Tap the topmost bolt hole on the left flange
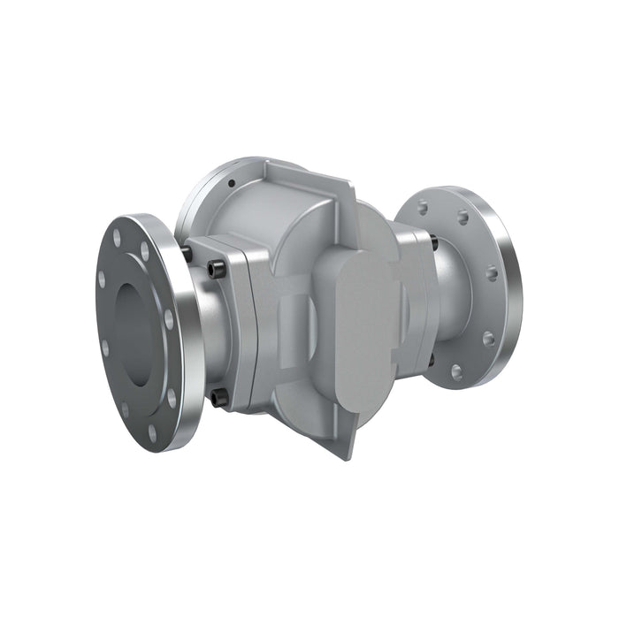[118, 237]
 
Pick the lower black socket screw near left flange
[216, 399]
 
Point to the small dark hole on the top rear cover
[231, 183]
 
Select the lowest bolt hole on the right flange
[456, 371]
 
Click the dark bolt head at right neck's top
[434, 239]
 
